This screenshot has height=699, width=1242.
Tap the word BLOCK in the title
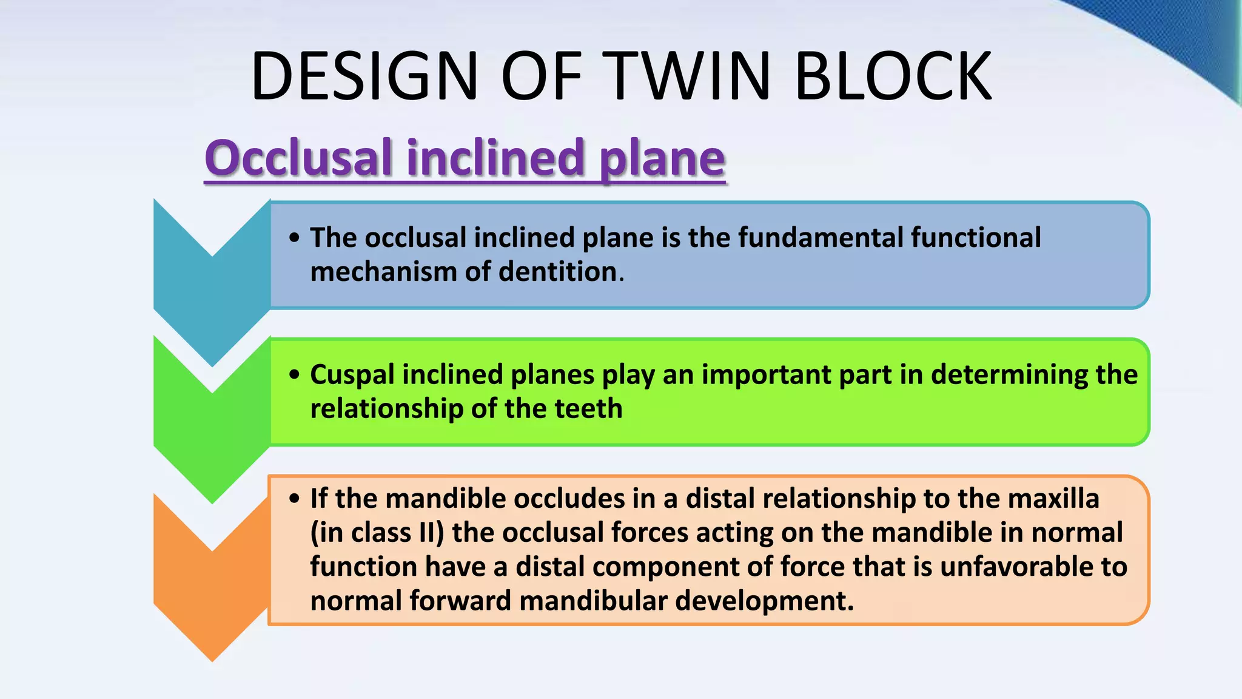[x=893, y=76]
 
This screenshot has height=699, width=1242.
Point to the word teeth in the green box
[x=588, y=408]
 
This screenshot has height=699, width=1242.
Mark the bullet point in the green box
[x=295, y=374]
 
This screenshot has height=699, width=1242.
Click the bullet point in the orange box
[x=295, y=499]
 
